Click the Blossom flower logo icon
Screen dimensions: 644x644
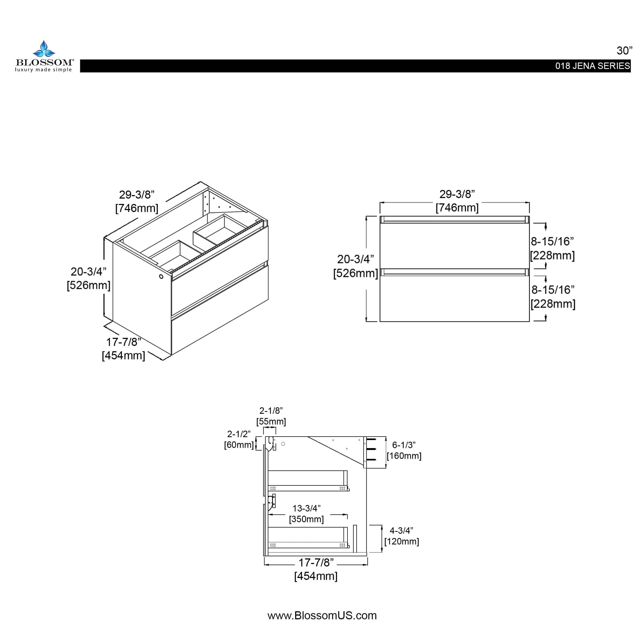coord(44,49)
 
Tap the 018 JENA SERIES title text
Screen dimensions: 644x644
coord(592,66)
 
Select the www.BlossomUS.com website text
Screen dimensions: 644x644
coord(322,615)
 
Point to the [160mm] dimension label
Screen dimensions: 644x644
coord(404,456)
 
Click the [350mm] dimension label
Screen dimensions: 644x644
coord(306,519)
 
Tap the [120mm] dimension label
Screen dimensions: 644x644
coord(401,541)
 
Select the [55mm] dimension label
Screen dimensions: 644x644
coord(271,422)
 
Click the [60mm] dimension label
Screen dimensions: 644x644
coord(239,445)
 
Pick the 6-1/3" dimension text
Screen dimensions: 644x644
coord(404,445)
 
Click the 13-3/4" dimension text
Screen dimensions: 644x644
coord(306,508)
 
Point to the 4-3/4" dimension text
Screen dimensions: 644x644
coord(401,531)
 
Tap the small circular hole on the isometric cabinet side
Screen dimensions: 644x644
coord(161,277)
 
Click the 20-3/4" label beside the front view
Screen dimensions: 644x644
coord(355,259)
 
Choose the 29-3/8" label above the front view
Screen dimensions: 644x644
coord(457,194)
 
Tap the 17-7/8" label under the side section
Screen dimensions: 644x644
coord(316,563)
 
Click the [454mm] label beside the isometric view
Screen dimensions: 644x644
coord(123,355)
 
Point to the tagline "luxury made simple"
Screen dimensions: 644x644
coord(43,70)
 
